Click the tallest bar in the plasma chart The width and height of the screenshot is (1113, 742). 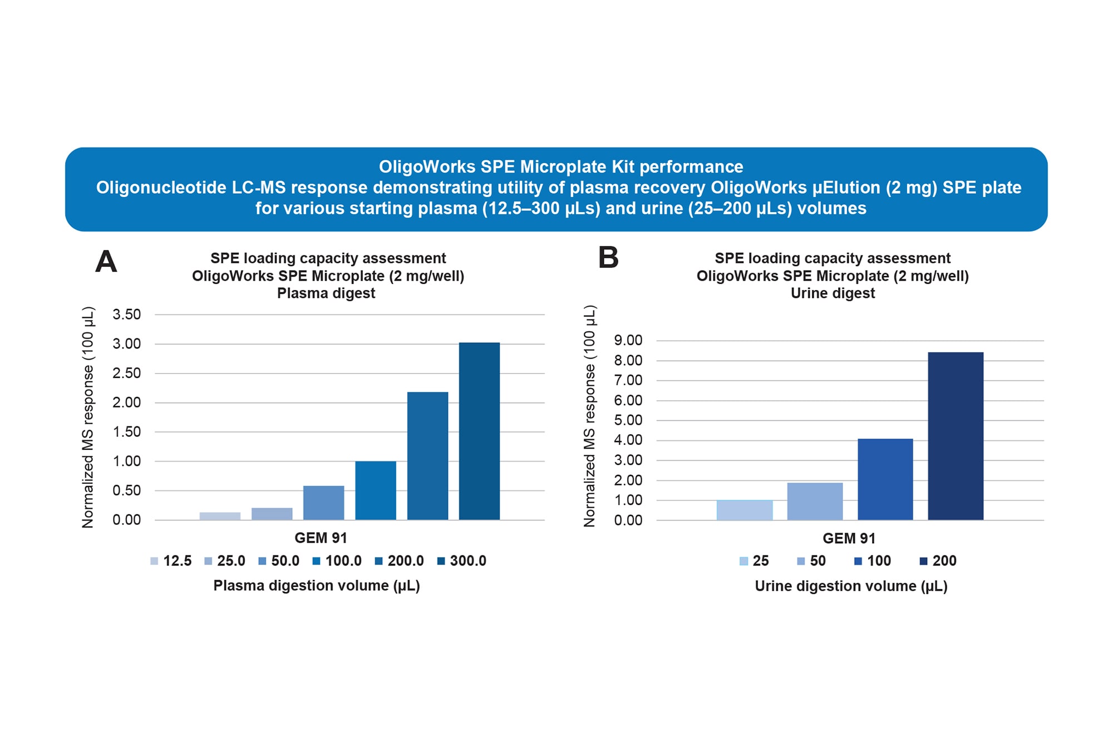click(479, 431)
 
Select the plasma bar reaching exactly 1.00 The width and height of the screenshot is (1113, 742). click(376, 490)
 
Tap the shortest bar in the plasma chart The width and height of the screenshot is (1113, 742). click(220, 516)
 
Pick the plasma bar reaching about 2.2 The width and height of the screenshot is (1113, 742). click(427, 456)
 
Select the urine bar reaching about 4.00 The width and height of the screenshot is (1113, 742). click(885, 479)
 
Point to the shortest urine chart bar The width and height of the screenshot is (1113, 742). click(745, 510)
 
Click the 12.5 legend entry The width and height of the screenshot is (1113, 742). click(171, 561)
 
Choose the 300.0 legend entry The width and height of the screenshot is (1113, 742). click(462, 561)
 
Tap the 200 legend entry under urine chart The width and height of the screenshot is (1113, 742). click(938, 561)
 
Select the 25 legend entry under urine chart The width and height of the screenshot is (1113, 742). click(754, 561)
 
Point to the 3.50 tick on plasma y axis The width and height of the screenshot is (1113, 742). click(126, 315)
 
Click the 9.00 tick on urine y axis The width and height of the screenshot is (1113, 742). click(628, 340)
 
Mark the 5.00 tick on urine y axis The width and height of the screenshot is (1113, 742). click(628, 420)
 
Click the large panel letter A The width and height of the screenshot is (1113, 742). click(106, 261)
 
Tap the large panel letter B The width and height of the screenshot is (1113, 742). click(608, 258)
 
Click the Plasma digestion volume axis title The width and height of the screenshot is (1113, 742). click(317, 586)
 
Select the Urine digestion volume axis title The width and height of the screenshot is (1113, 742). click(851, 586)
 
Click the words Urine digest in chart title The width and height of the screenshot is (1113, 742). click(833, 293)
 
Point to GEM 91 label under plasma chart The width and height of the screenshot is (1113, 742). click(321, 538)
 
